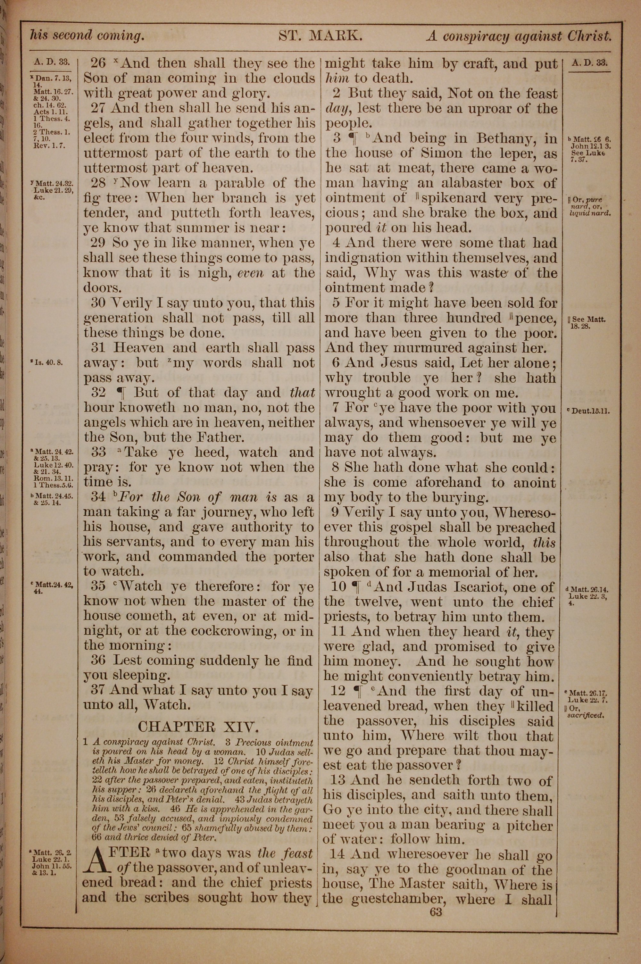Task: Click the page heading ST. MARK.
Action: coord(320,36)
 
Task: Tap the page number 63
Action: coord(436,912)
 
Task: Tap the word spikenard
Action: coord(454,198)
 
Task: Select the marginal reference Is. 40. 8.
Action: coord(49,362)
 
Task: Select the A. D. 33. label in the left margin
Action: coord(52,62)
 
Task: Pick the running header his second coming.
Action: coord(87,36)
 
